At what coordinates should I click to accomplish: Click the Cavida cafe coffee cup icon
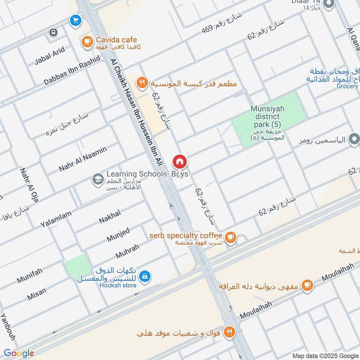click(86, 42)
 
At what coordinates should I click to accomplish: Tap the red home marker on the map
click(179, 161)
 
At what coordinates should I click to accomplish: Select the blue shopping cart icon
click(75, 20)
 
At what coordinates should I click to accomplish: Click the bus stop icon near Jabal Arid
click(54, 32)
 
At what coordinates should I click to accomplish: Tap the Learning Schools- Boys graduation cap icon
click(97, 180)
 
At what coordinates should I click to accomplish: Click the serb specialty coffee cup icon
click(230, 237)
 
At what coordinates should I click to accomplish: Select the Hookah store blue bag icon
click(145, 276)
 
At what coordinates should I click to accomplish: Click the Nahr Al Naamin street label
click(83, 159)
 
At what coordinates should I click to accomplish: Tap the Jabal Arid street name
click(49, 57)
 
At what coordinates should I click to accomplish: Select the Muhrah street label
click(127, 251)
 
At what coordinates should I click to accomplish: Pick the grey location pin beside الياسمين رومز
click(354, 140)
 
